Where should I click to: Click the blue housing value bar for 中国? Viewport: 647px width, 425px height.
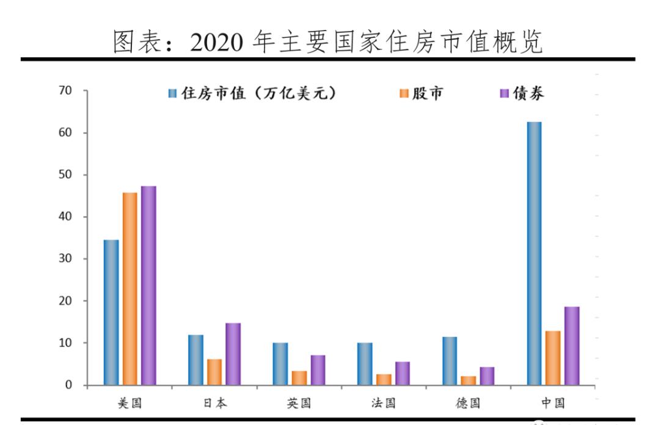point(534,253)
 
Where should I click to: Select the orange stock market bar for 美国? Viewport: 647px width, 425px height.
point(130,289)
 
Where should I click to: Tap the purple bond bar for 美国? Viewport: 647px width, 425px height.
point(148,285)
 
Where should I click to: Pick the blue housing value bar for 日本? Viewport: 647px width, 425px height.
point(196,360)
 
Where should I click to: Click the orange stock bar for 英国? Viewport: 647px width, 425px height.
point(299,378)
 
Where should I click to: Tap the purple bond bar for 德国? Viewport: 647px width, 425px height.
point(487,376)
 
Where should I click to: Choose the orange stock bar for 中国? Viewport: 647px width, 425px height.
point(553,358)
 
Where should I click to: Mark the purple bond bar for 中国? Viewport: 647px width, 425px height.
point(572,346)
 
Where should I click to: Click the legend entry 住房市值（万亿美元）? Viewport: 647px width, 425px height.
point(252,93)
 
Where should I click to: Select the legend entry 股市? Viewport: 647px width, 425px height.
point(422,93)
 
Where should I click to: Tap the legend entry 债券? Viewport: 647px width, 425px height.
point(522,93)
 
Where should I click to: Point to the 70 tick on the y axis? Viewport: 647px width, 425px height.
point(65,91)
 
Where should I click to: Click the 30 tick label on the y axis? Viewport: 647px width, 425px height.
point(65,259)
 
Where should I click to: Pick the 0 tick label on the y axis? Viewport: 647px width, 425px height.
point(68,385)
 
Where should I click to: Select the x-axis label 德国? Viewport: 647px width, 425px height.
point(468,404)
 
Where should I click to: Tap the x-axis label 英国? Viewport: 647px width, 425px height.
point(299,404)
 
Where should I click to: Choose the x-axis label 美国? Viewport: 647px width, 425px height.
point(130,404)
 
